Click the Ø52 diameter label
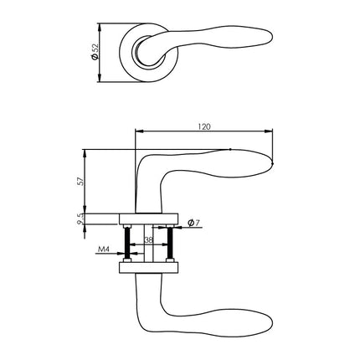pos(103,52)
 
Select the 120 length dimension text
pos(204,126)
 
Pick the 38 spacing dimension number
pos(149,241)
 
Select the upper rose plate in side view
pos(149,219)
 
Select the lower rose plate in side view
pos(149,267)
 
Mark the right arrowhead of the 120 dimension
pos(272,131)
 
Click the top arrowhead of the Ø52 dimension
pos(100,25)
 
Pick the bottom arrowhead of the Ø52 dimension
pos(100,79)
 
